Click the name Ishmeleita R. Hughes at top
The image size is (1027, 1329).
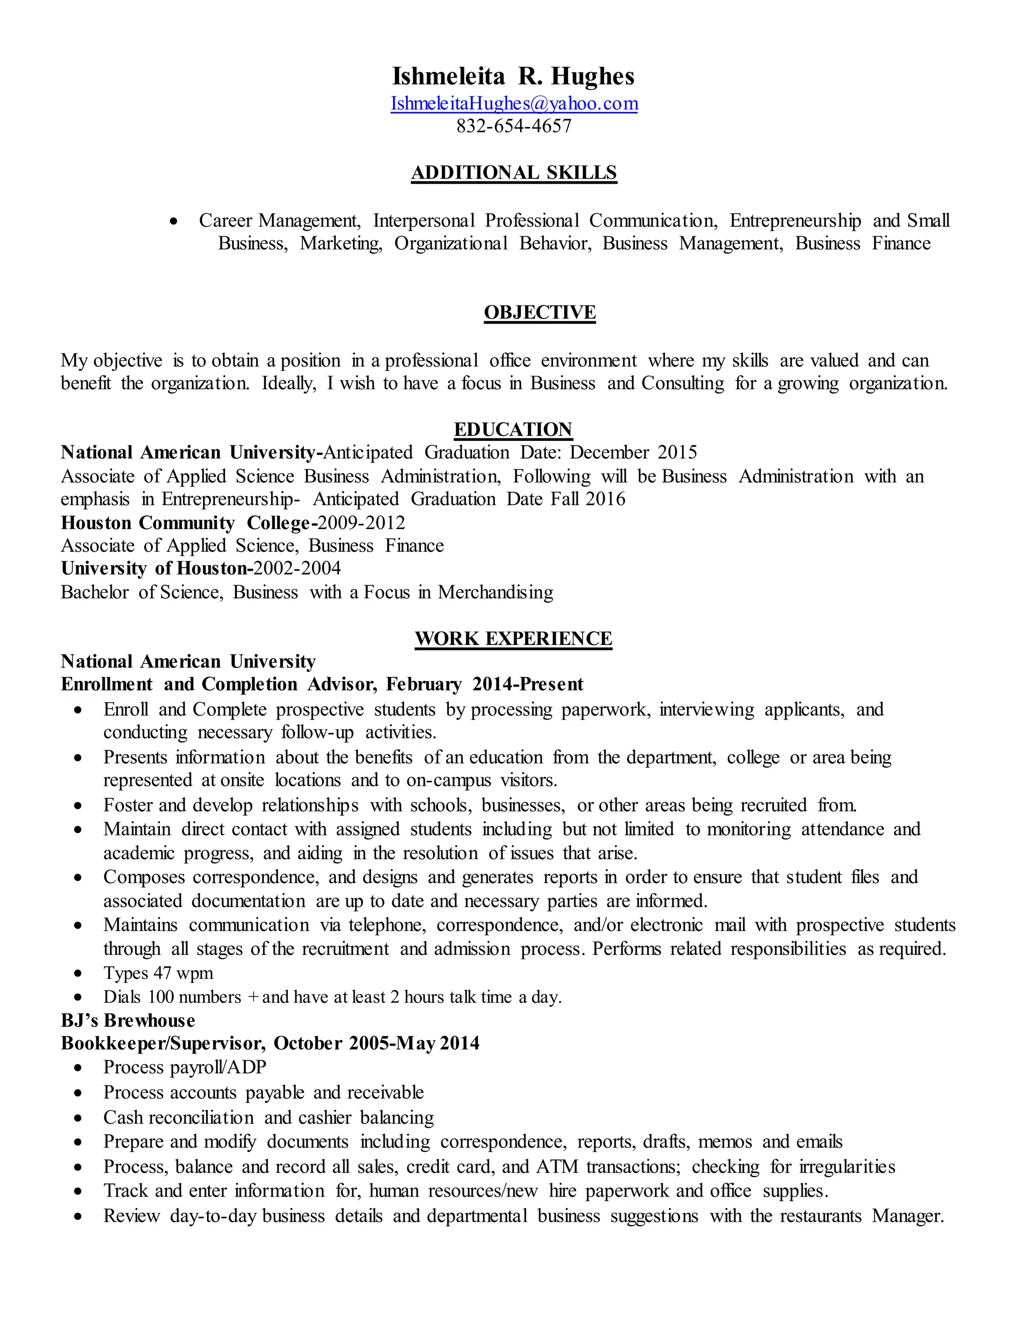pos(513,77)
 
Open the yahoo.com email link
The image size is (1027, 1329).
pos(514,103)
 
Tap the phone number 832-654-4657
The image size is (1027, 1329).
pos(514,126)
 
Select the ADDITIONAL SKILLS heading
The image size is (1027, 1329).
pos(514,173)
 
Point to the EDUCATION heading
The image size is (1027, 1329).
pos(513,430)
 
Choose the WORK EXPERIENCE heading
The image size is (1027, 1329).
pos(513,638)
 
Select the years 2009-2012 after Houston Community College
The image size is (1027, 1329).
pos(362,523)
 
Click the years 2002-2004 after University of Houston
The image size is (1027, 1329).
pos(297,568)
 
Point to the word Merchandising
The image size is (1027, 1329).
pos(495,593)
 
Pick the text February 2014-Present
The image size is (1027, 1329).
pos(484,685)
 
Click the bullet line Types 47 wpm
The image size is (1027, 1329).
pos(158,973)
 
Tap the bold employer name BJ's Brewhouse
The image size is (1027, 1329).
pos(128,1021)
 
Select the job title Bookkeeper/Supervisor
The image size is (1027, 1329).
pos(163,1044)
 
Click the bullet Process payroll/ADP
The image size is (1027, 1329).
pos(185,1067)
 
